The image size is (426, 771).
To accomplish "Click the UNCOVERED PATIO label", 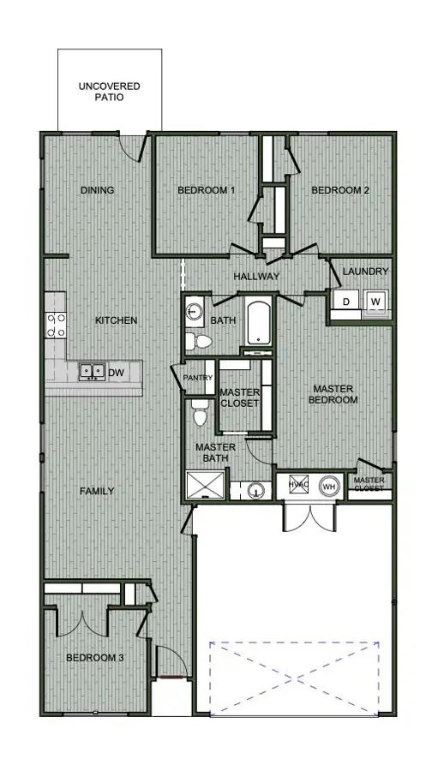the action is (x=109, y=92).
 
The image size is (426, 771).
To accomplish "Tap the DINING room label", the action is (x=98, y=190).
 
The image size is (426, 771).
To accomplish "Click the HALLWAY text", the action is (x=256, y=277).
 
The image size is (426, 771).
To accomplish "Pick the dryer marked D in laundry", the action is (x=345, y=301).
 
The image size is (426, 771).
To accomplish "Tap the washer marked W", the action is (x=375, y=301).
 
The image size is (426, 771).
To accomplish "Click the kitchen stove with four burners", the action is (x=56, y=326).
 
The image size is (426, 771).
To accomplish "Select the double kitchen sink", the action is (x=92, y=371).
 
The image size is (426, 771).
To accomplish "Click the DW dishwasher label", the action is (x=116, y=374).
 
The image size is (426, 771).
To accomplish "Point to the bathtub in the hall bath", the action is (x=259, y=323).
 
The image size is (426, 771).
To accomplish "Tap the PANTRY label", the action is (x=198, y=378).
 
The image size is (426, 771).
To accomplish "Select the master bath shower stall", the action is (x=206, y=486).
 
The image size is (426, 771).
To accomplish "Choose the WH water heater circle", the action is (x=329, y=486).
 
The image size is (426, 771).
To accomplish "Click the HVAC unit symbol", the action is (x=298, y=484).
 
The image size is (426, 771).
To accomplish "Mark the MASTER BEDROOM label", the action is (x=333, y=394).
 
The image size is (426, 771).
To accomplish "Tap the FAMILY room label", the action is (x=97, y=491).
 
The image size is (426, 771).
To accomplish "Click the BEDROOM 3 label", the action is (x=95, y=657).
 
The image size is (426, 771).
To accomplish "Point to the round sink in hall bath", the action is (x=195, y=311).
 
